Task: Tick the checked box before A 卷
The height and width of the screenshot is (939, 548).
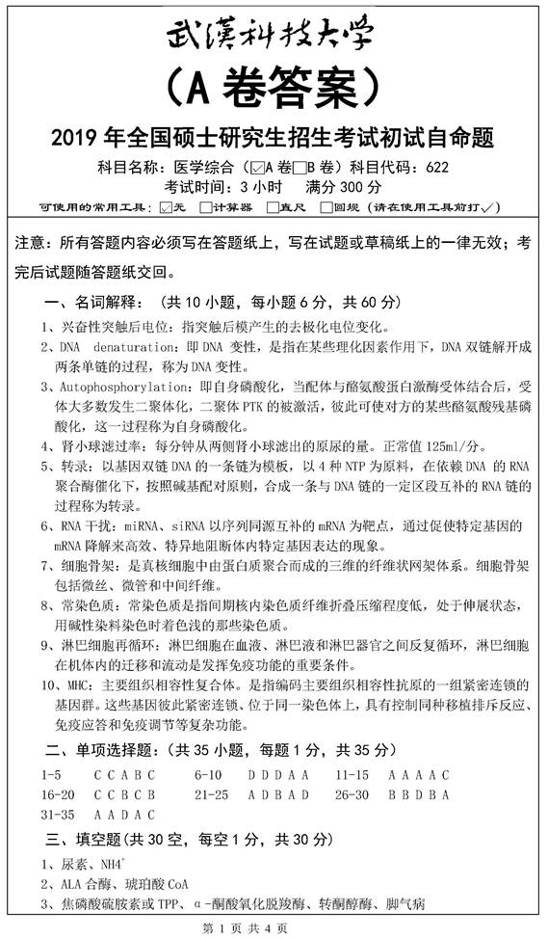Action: tap(253, 165)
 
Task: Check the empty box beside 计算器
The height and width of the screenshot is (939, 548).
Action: tap(205, 205)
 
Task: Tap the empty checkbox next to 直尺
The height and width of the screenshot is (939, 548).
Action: tap(273, 205)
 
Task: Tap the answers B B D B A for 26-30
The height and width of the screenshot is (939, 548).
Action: tap(419, 793)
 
